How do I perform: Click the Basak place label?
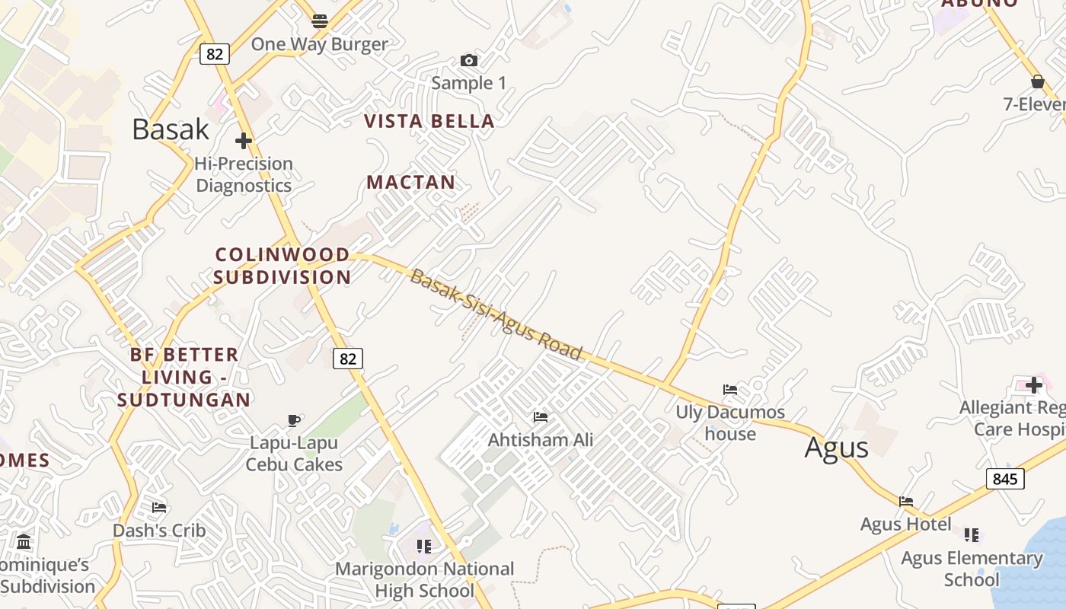pyautogui.click(x=171, y=129)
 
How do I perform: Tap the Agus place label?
pyautogui.click(x=836, y=448)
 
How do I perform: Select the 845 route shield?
pyautogui.click(x=1005, y=479)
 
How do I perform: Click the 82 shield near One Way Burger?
pyautogui.click(x=215, y=54)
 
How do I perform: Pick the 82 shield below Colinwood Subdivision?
pyautogui.click(x=348, y=359)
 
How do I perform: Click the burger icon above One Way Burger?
pyautogui.click(x=320, y=21)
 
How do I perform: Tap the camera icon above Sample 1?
pyautogui.click(x=469, y=61)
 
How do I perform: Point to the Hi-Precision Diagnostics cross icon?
pyautogui.click(x=244, y=141)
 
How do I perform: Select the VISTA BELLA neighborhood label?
pyautogui.click(x=429, y=121)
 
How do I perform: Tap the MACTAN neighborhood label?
pyautogui.click(x=411, y=182)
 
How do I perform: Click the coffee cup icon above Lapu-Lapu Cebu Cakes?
pyautogui.click(x=294, y=420)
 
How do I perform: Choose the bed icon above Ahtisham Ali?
pyautogui.click(x=541, y=417)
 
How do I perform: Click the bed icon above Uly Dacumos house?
pyautogui.click(x=730, y=390)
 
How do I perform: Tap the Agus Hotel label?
pyautogui.click(x=905, y=525)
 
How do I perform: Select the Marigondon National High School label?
pyautogui.click(x=425, y=579)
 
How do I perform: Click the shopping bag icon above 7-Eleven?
pyautogui.click(x=1037, y=81)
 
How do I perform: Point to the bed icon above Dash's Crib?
pyautogui.click(x=159, y=507)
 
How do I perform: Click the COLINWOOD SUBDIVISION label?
pyautogui.click(x=282, y=266)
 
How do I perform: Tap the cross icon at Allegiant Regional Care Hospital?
pyautogui.click(x=1033, y=384)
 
